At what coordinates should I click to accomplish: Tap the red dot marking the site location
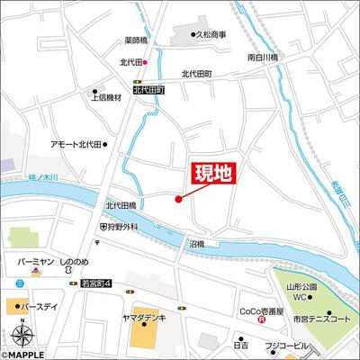[x=179, y=199]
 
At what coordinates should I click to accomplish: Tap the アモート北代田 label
[x=76, y=143]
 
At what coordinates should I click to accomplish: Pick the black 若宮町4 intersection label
[x=94, y=284]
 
